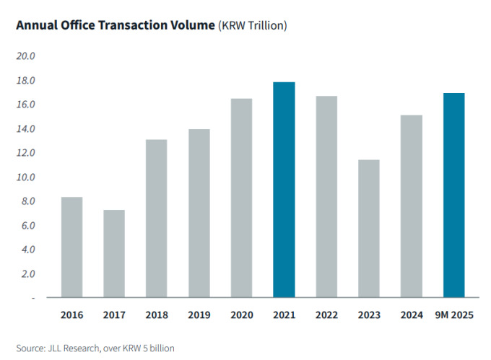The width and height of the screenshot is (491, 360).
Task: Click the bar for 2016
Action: click(71, 247)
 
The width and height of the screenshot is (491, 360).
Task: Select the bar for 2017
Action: click(114, 254)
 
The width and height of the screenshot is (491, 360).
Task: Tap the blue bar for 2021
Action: click(284, 190)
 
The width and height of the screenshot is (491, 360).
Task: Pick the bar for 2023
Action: click(369, 229)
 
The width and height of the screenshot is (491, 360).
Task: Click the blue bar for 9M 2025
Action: click(454, 196)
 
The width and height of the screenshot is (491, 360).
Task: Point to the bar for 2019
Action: click(199, 214)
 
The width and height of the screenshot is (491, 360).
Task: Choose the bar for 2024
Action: click(412, 206)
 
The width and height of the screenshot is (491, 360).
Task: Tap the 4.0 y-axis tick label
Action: click(27, 250)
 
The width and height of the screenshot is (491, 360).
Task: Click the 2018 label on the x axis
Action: click(157, 315)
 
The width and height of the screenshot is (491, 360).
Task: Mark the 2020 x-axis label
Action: click(242, 315)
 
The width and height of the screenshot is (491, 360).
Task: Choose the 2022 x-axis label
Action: click(326, 315)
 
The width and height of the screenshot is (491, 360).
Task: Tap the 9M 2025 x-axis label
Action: click(454, 315)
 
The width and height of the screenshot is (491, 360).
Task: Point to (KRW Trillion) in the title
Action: click(253, 26)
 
